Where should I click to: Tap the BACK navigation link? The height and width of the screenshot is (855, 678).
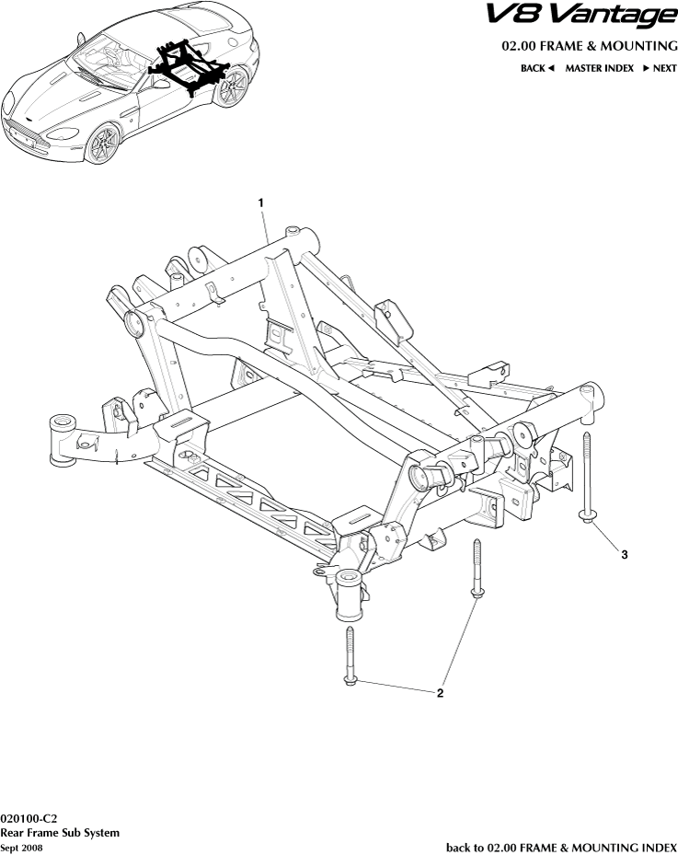537,68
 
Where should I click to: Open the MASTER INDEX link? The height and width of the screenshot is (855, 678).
599,68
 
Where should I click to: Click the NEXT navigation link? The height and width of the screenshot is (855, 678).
660,68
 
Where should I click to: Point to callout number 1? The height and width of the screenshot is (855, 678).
261,202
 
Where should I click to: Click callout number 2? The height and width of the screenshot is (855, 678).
440,693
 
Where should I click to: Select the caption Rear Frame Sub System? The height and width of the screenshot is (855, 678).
60,832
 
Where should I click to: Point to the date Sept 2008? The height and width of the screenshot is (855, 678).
21,848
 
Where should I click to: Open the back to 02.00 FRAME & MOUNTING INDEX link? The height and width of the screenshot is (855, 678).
561,847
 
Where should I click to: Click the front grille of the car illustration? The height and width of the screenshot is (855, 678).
25,135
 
